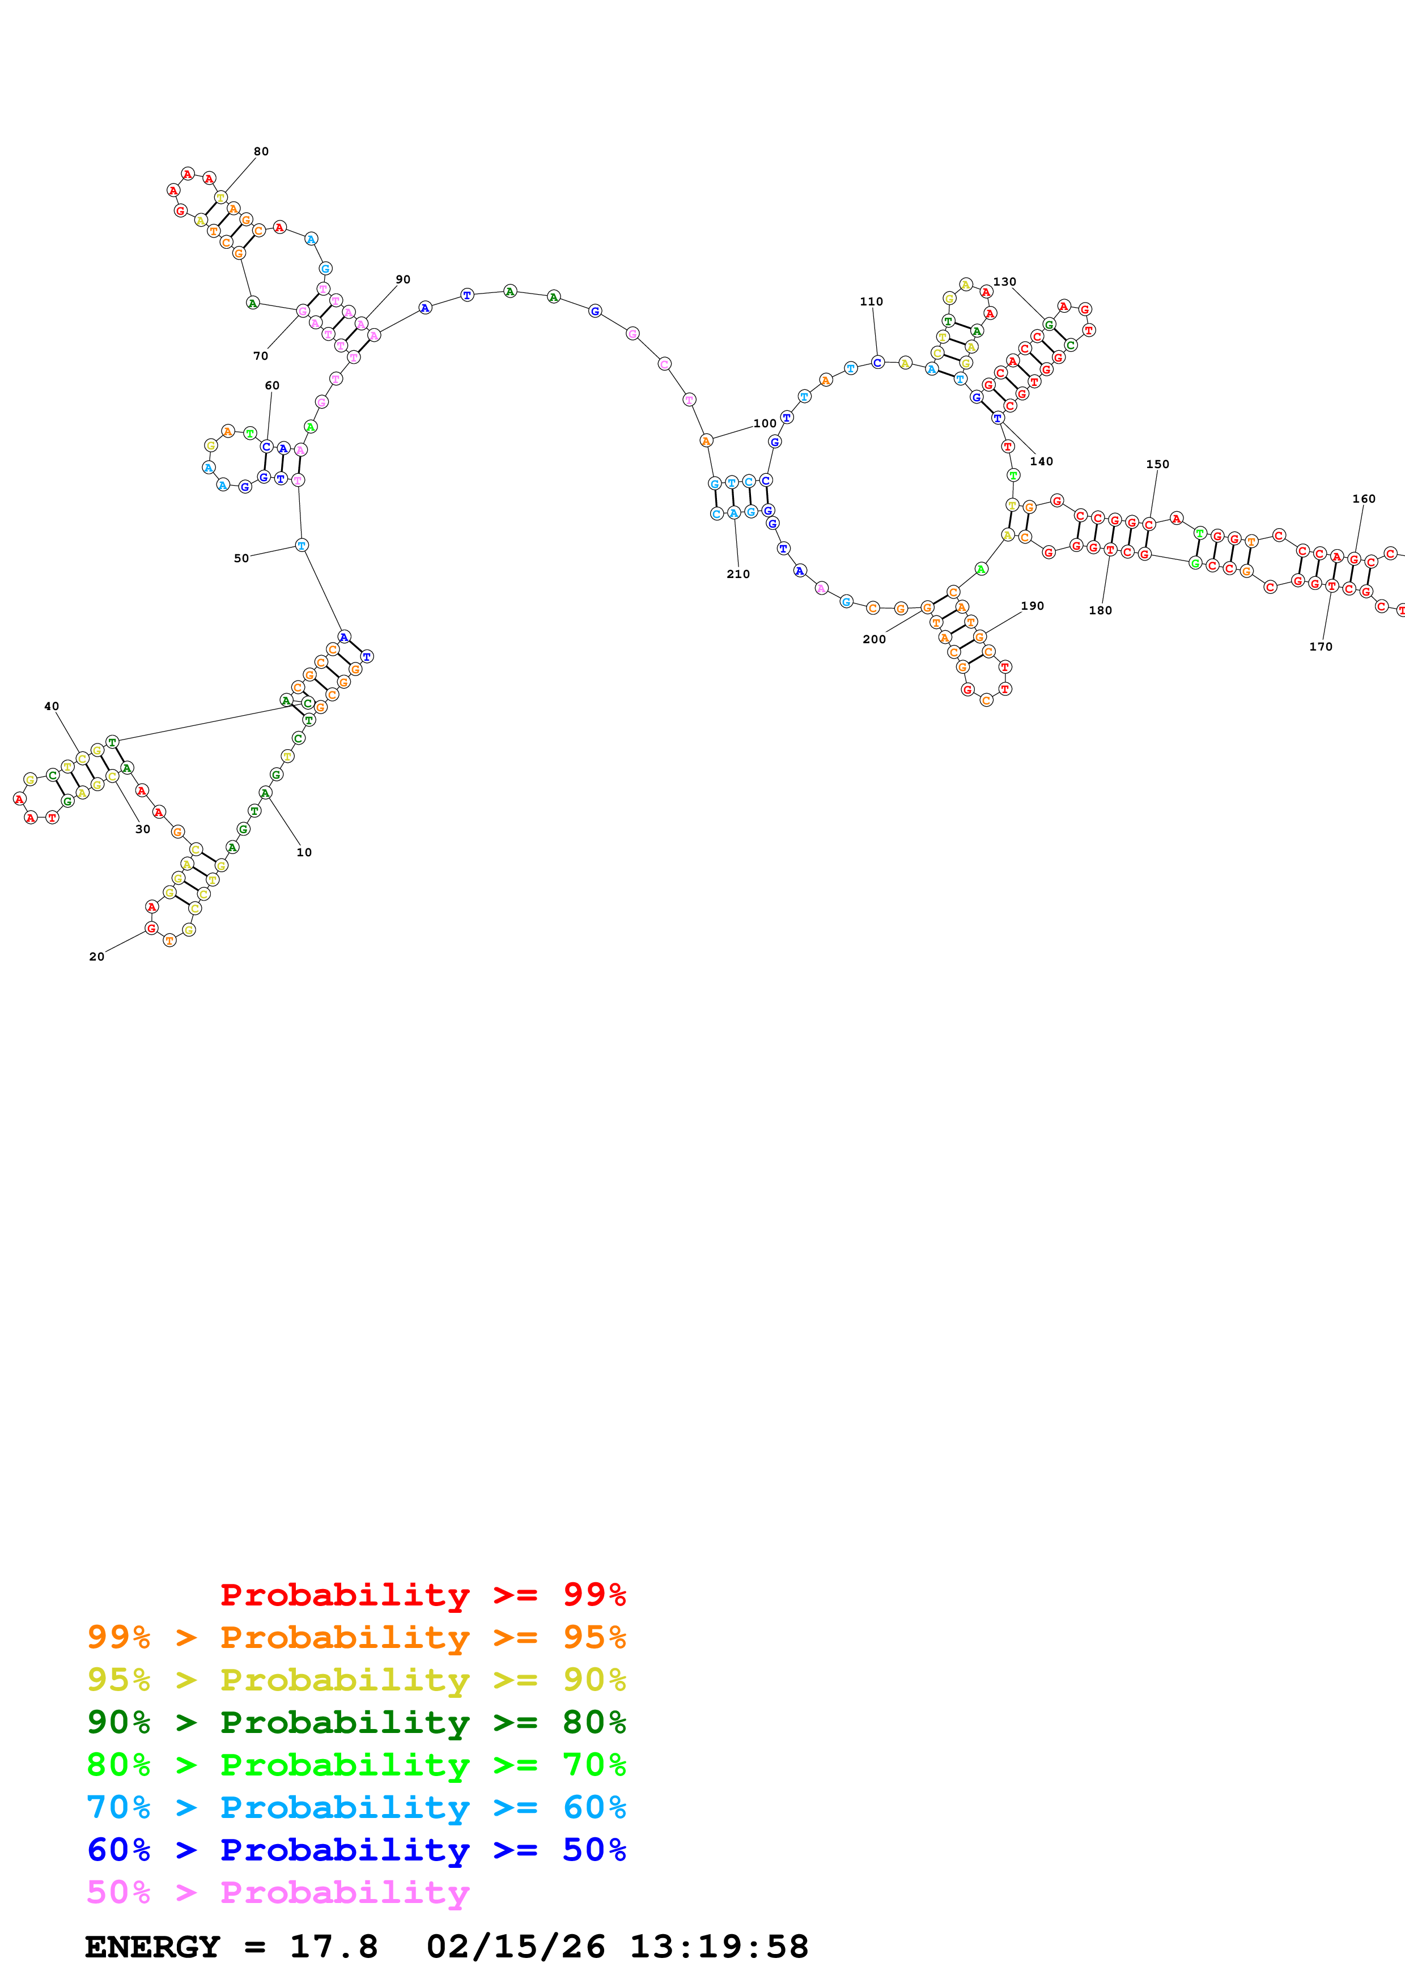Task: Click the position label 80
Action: click(x=261, y=151)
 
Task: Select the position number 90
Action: click(x=402, y=280)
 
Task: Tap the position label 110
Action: click(x=871, y=302)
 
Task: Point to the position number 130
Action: click(x=1004, y=282)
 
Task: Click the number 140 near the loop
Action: click(x=1041, y=461)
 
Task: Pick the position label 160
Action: click(x=1364, y=499)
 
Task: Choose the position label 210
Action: click(x=737, y=574)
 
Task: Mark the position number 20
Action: click(x=96, y=957)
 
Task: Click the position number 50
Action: click(x=241, y=558)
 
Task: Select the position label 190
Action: click(x=1032, y=606)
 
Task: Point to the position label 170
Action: click(x=1320, y=647)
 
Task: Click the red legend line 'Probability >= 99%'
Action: click(x=422, y=1594)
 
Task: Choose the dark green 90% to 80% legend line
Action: click(x=356, y=1722)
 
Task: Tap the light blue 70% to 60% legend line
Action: click(x=356, y=1807)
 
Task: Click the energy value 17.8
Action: click(x=333, y=1947)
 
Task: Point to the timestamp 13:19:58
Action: click(x=719, y=1947)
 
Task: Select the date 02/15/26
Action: click(x=515, y=1947)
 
